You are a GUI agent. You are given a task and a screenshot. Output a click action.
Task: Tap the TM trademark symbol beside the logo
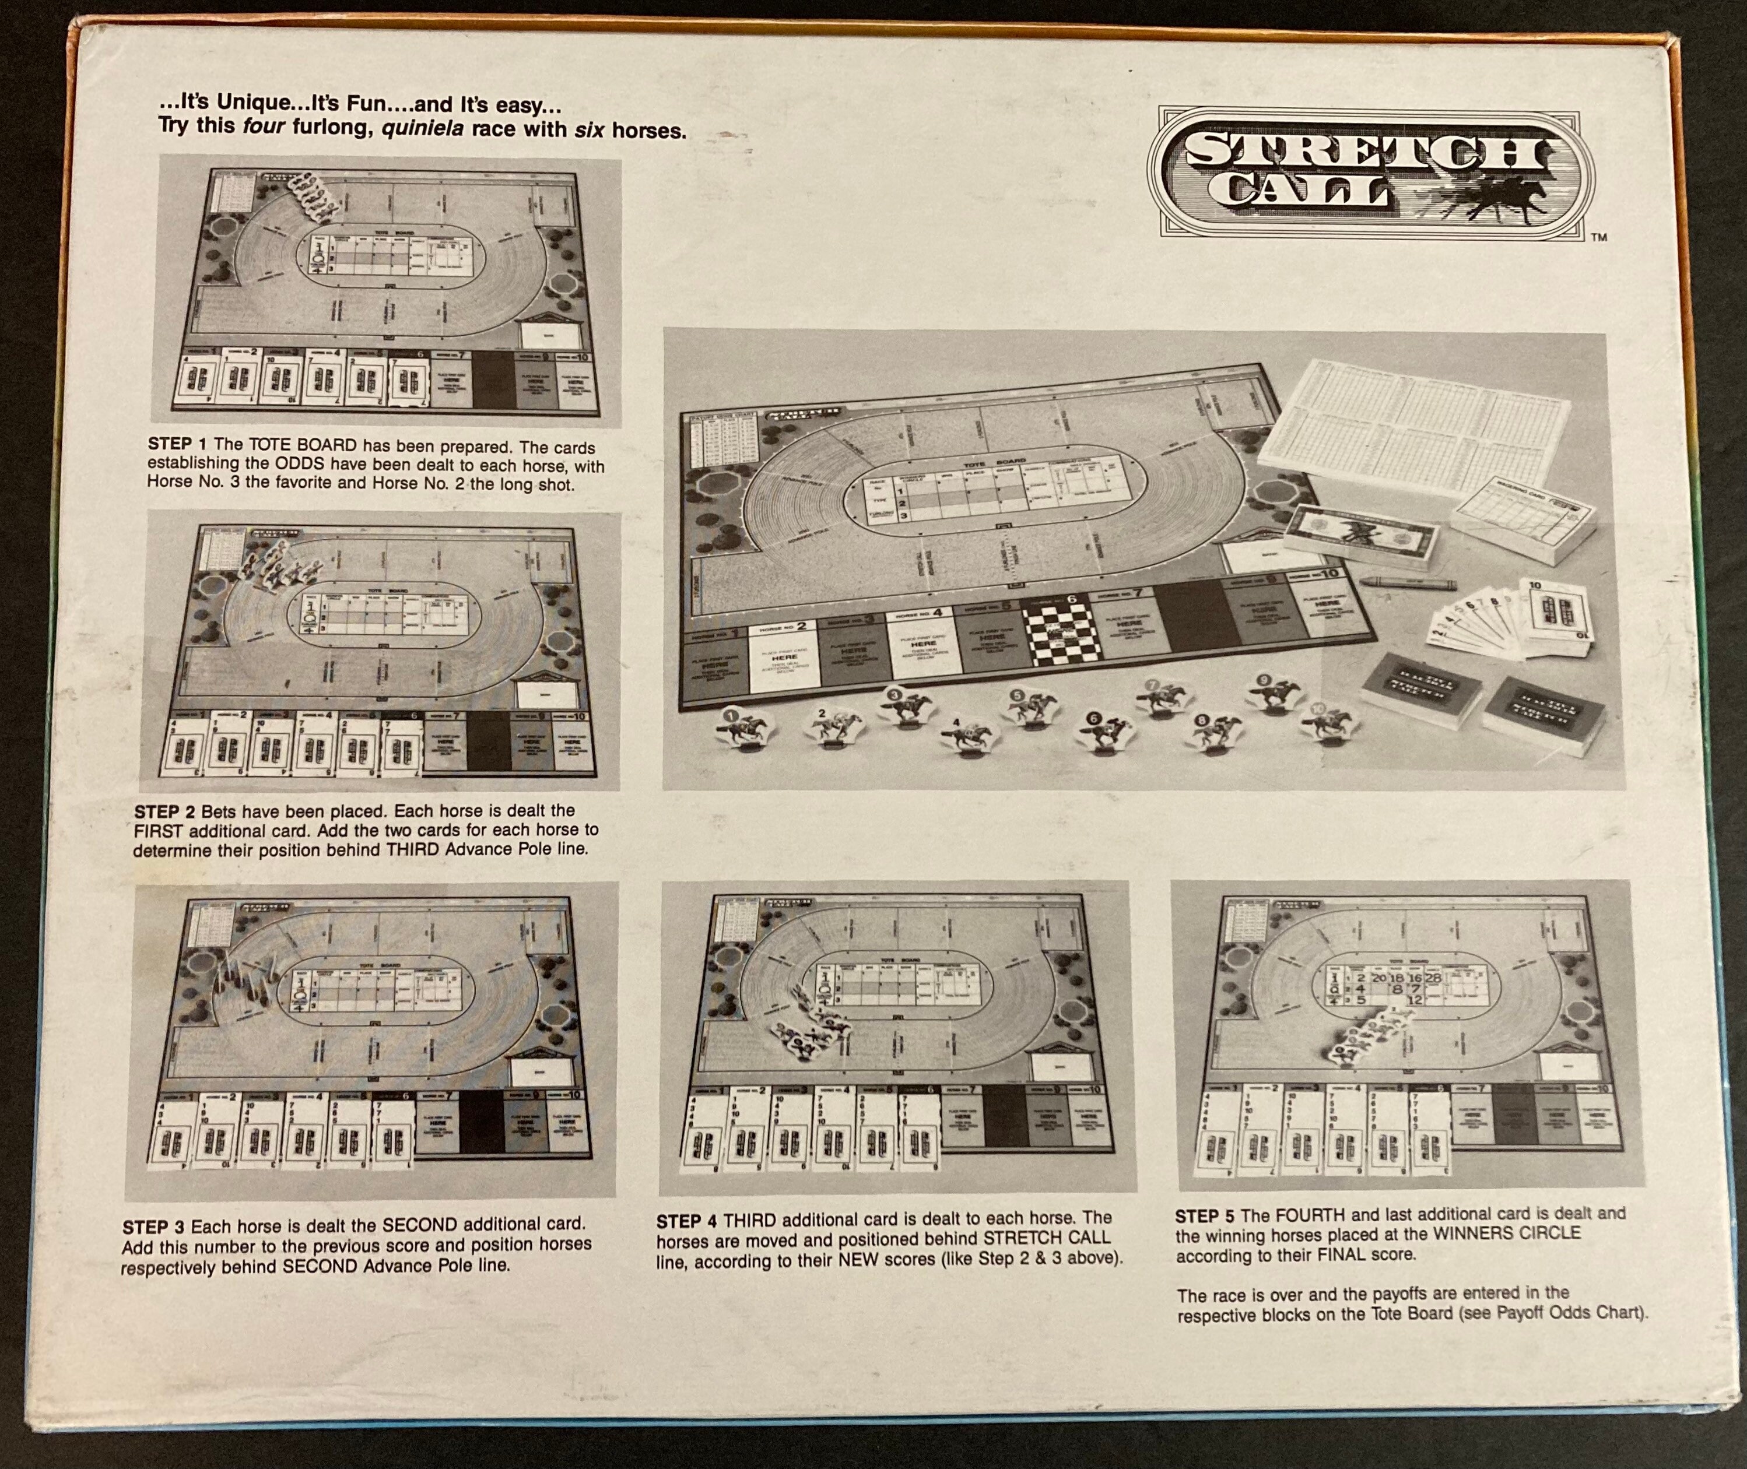(1599, 237)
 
